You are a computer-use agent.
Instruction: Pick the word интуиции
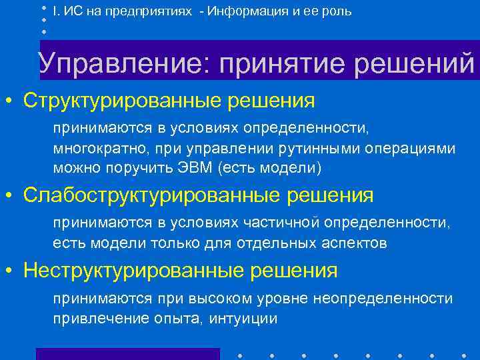pyautogui.click(x=236, y=319)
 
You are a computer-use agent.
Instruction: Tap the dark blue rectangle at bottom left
pyautogui.click(x=127, y=353)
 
